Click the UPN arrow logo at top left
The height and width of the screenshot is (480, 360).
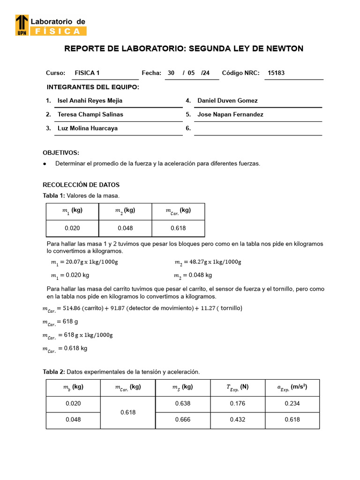[x=22, y=25]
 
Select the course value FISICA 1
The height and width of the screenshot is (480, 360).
[x=87, y=73]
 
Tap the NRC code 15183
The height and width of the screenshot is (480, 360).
[x=276, y=73]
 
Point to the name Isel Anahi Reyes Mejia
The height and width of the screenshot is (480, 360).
[x=90, y=100]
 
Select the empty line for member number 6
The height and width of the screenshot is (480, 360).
[x=258, y=129]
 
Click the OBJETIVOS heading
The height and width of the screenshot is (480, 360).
[x=61, y=153]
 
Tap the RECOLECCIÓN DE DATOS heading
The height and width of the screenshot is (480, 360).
[x=81, y=185]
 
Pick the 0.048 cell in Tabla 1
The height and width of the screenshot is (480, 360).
[x=125, y=228]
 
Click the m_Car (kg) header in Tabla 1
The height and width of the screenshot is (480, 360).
[x=178, y=211]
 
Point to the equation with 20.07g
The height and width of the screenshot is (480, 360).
[x=84, y=262]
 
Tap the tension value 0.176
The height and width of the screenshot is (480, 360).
[x=238, y=404]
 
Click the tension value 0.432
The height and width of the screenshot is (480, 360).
[x=238, y=420]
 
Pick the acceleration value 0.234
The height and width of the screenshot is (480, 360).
[x=292, y=404]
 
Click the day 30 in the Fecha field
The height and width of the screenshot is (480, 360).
[x=171, y=73]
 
